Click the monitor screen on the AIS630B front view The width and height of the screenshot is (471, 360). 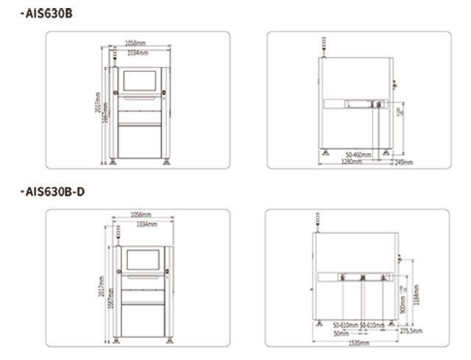(140, 83)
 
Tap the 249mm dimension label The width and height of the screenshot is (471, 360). (403, 162)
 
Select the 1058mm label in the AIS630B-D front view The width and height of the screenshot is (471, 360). (141, 214)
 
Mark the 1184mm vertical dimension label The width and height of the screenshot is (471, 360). (417, 295)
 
